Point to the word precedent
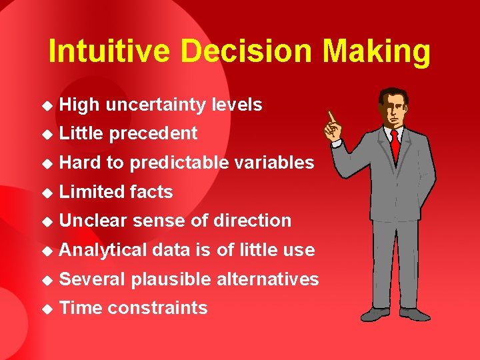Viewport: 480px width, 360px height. [x=153, y=134]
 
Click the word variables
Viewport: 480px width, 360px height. [x=275, y=163]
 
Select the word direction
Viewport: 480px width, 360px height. [x=253, y=221]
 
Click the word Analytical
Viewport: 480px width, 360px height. [x=103, y=250]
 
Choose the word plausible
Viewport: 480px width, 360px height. [x=173, y=279]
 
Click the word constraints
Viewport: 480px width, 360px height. [x=157, y=308]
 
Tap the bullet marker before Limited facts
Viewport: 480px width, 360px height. [x=46, y=193]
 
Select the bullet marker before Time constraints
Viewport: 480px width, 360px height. [x=46, y=309]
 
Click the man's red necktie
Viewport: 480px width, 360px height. [x=395, y=143]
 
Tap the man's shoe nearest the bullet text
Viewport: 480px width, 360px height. [x=374, y=313]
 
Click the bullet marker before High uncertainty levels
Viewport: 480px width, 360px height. [x=46, y=105]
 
